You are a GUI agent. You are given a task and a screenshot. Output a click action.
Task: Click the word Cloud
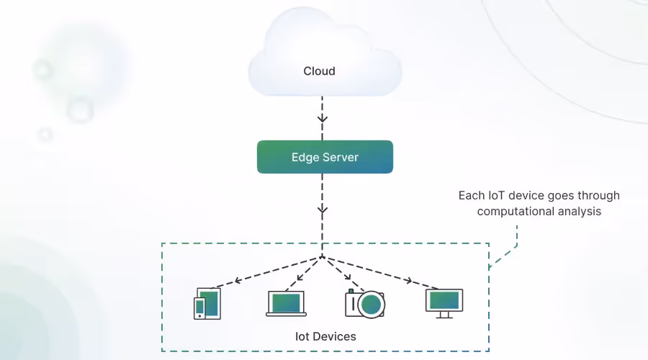click(x=319, y=71)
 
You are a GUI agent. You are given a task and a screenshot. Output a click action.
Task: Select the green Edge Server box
click(x=325, y=157)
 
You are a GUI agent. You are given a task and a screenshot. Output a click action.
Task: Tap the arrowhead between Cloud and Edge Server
click(x=323, y=119)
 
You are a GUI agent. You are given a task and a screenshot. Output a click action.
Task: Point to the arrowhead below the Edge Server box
click(x=323, y=210)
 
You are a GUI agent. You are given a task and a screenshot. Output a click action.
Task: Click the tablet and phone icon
click(x=207, y=304)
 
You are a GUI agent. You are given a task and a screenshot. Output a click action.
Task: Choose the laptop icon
click(x=286, y=304)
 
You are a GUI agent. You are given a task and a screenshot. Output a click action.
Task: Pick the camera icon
click(x=365, y=304)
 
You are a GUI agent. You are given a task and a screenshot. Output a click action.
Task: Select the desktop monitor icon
click(x=444, y=304)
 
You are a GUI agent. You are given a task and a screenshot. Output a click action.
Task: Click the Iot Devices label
click(x=325, y=336)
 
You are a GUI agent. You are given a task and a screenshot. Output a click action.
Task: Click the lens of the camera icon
click(x=371, y=305)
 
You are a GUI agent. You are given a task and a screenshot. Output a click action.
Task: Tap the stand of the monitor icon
click(x=444, y=315)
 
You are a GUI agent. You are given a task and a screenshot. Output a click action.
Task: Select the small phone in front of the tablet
click(x=199, y=308)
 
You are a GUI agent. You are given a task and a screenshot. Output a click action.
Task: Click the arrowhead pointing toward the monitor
click(x=408, y=281)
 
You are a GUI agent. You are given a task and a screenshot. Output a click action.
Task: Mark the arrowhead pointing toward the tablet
click(x=238, y=281)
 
